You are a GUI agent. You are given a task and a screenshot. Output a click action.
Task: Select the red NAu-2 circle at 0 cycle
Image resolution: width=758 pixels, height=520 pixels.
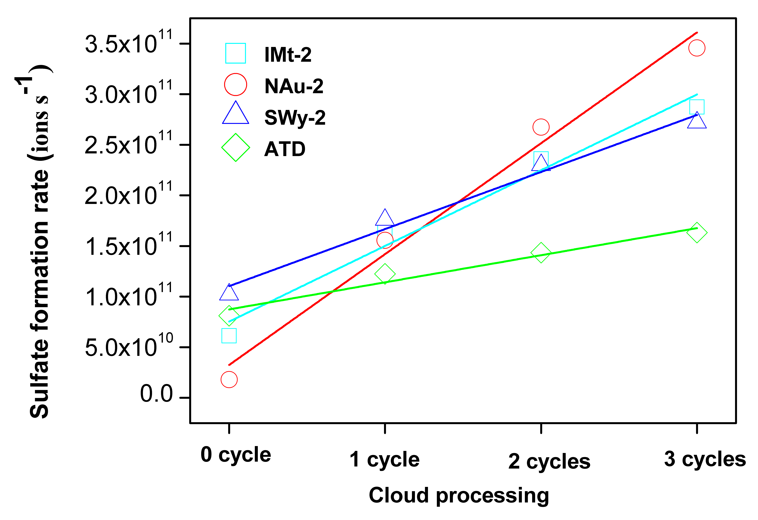tap(229, 379)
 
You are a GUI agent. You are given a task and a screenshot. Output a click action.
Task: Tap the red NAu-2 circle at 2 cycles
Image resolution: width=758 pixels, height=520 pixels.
tap(541, 127)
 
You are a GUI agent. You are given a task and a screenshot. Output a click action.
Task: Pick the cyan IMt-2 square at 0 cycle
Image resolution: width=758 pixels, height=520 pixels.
tap(229, 336)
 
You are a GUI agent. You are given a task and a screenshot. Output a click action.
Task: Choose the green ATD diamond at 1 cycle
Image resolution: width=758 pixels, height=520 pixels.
tap(385, 274)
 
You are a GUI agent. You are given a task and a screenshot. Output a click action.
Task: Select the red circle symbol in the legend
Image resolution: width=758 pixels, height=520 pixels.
tap(235, 84)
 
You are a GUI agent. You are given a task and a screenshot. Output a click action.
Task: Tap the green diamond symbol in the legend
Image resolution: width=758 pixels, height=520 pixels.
tap(235, 147)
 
